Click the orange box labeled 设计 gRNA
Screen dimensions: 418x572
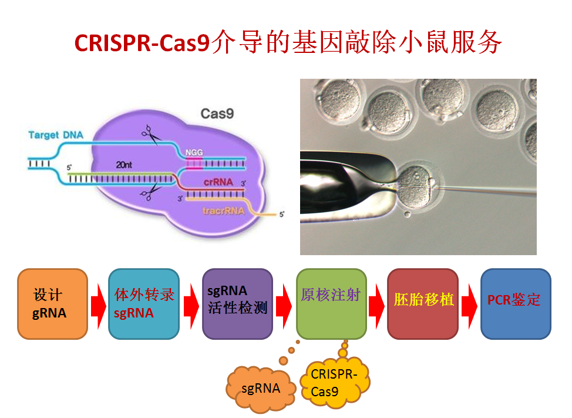(52, 304)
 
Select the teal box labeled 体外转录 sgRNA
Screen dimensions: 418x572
(144, 304)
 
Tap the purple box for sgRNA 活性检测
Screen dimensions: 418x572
(237, 304)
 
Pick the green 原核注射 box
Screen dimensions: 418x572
(331, 304)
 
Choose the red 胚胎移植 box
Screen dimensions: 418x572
(423, 304)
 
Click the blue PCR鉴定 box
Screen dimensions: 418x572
(516, 304)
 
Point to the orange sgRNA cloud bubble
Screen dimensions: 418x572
(260, 389)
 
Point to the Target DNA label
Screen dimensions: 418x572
(56, 135)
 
